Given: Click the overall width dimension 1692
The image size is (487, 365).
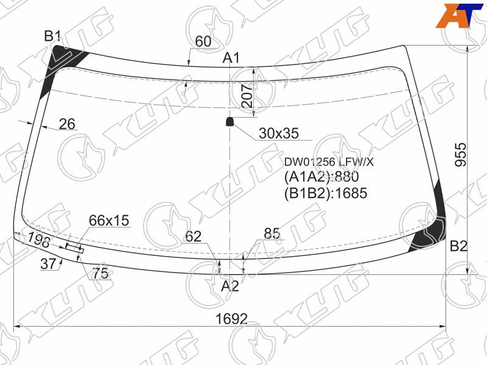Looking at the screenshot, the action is [231, 319].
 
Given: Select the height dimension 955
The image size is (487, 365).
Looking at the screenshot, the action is [461, 155].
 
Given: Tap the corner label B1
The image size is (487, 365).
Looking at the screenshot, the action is [52, 36].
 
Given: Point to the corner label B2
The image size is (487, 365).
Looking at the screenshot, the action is [458, 246].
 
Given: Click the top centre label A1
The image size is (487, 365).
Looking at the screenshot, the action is [231, 58].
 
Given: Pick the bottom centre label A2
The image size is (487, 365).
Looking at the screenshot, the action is [230, 286].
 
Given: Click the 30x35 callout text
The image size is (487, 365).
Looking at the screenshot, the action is [279, 133].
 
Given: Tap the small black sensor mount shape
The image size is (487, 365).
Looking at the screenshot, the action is [229, 122].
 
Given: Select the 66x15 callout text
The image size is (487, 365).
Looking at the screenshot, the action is [109, 220].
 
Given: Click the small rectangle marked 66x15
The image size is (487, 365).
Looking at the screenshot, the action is [74, 249].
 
